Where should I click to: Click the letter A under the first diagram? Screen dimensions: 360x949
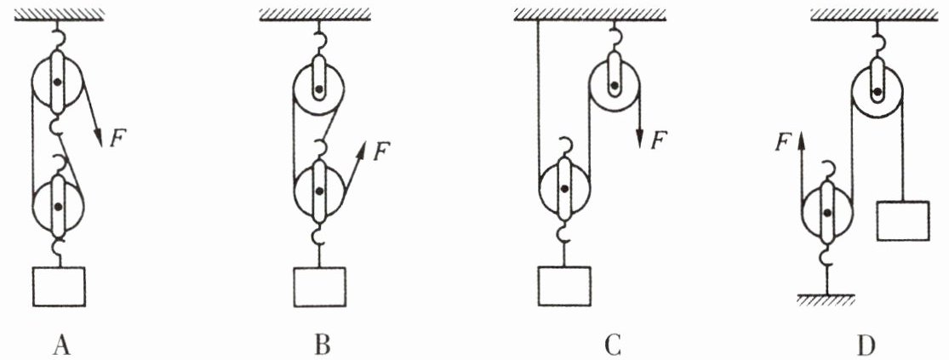point(60,346)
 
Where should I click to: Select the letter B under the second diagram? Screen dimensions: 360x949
point(321,346)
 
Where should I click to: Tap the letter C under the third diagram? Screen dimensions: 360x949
point(613,346)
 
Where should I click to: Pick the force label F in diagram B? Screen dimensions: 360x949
point(381,151)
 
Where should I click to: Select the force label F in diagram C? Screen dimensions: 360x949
point(658,138)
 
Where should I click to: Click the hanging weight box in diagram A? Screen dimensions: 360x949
point(59,286)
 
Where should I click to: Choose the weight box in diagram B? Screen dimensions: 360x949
point(320,286)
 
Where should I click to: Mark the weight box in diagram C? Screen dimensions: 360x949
point(563,286)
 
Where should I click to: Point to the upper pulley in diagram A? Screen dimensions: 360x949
point(57,83)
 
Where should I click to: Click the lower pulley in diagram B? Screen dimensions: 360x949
point(318,191)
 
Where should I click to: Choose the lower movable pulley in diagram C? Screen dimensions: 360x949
point(563,191)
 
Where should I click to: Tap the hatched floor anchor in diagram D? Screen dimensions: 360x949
point(825,298)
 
